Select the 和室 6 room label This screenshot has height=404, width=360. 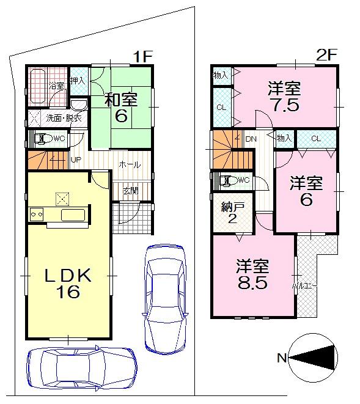pos(120,106)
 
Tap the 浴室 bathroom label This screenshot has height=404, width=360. pos(56,86)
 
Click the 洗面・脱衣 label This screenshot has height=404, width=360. pos(59,118)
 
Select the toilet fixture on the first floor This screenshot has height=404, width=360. pos(42,138)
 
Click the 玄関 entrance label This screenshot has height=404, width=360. pos(130,191)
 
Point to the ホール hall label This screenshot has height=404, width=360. pos(129,165)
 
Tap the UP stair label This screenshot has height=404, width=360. pos(76,160)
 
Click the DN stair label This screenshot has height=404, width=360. pos(251,139)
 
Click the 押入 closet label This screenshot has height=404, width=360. pos(77,79)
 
